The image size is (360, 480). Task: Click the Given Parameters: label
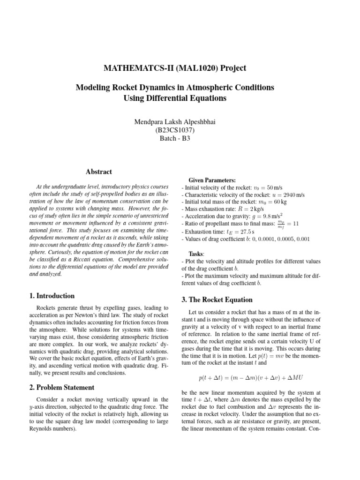tap(212, 180)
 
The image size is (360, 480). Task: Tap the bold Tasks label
tap(198, 253)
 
